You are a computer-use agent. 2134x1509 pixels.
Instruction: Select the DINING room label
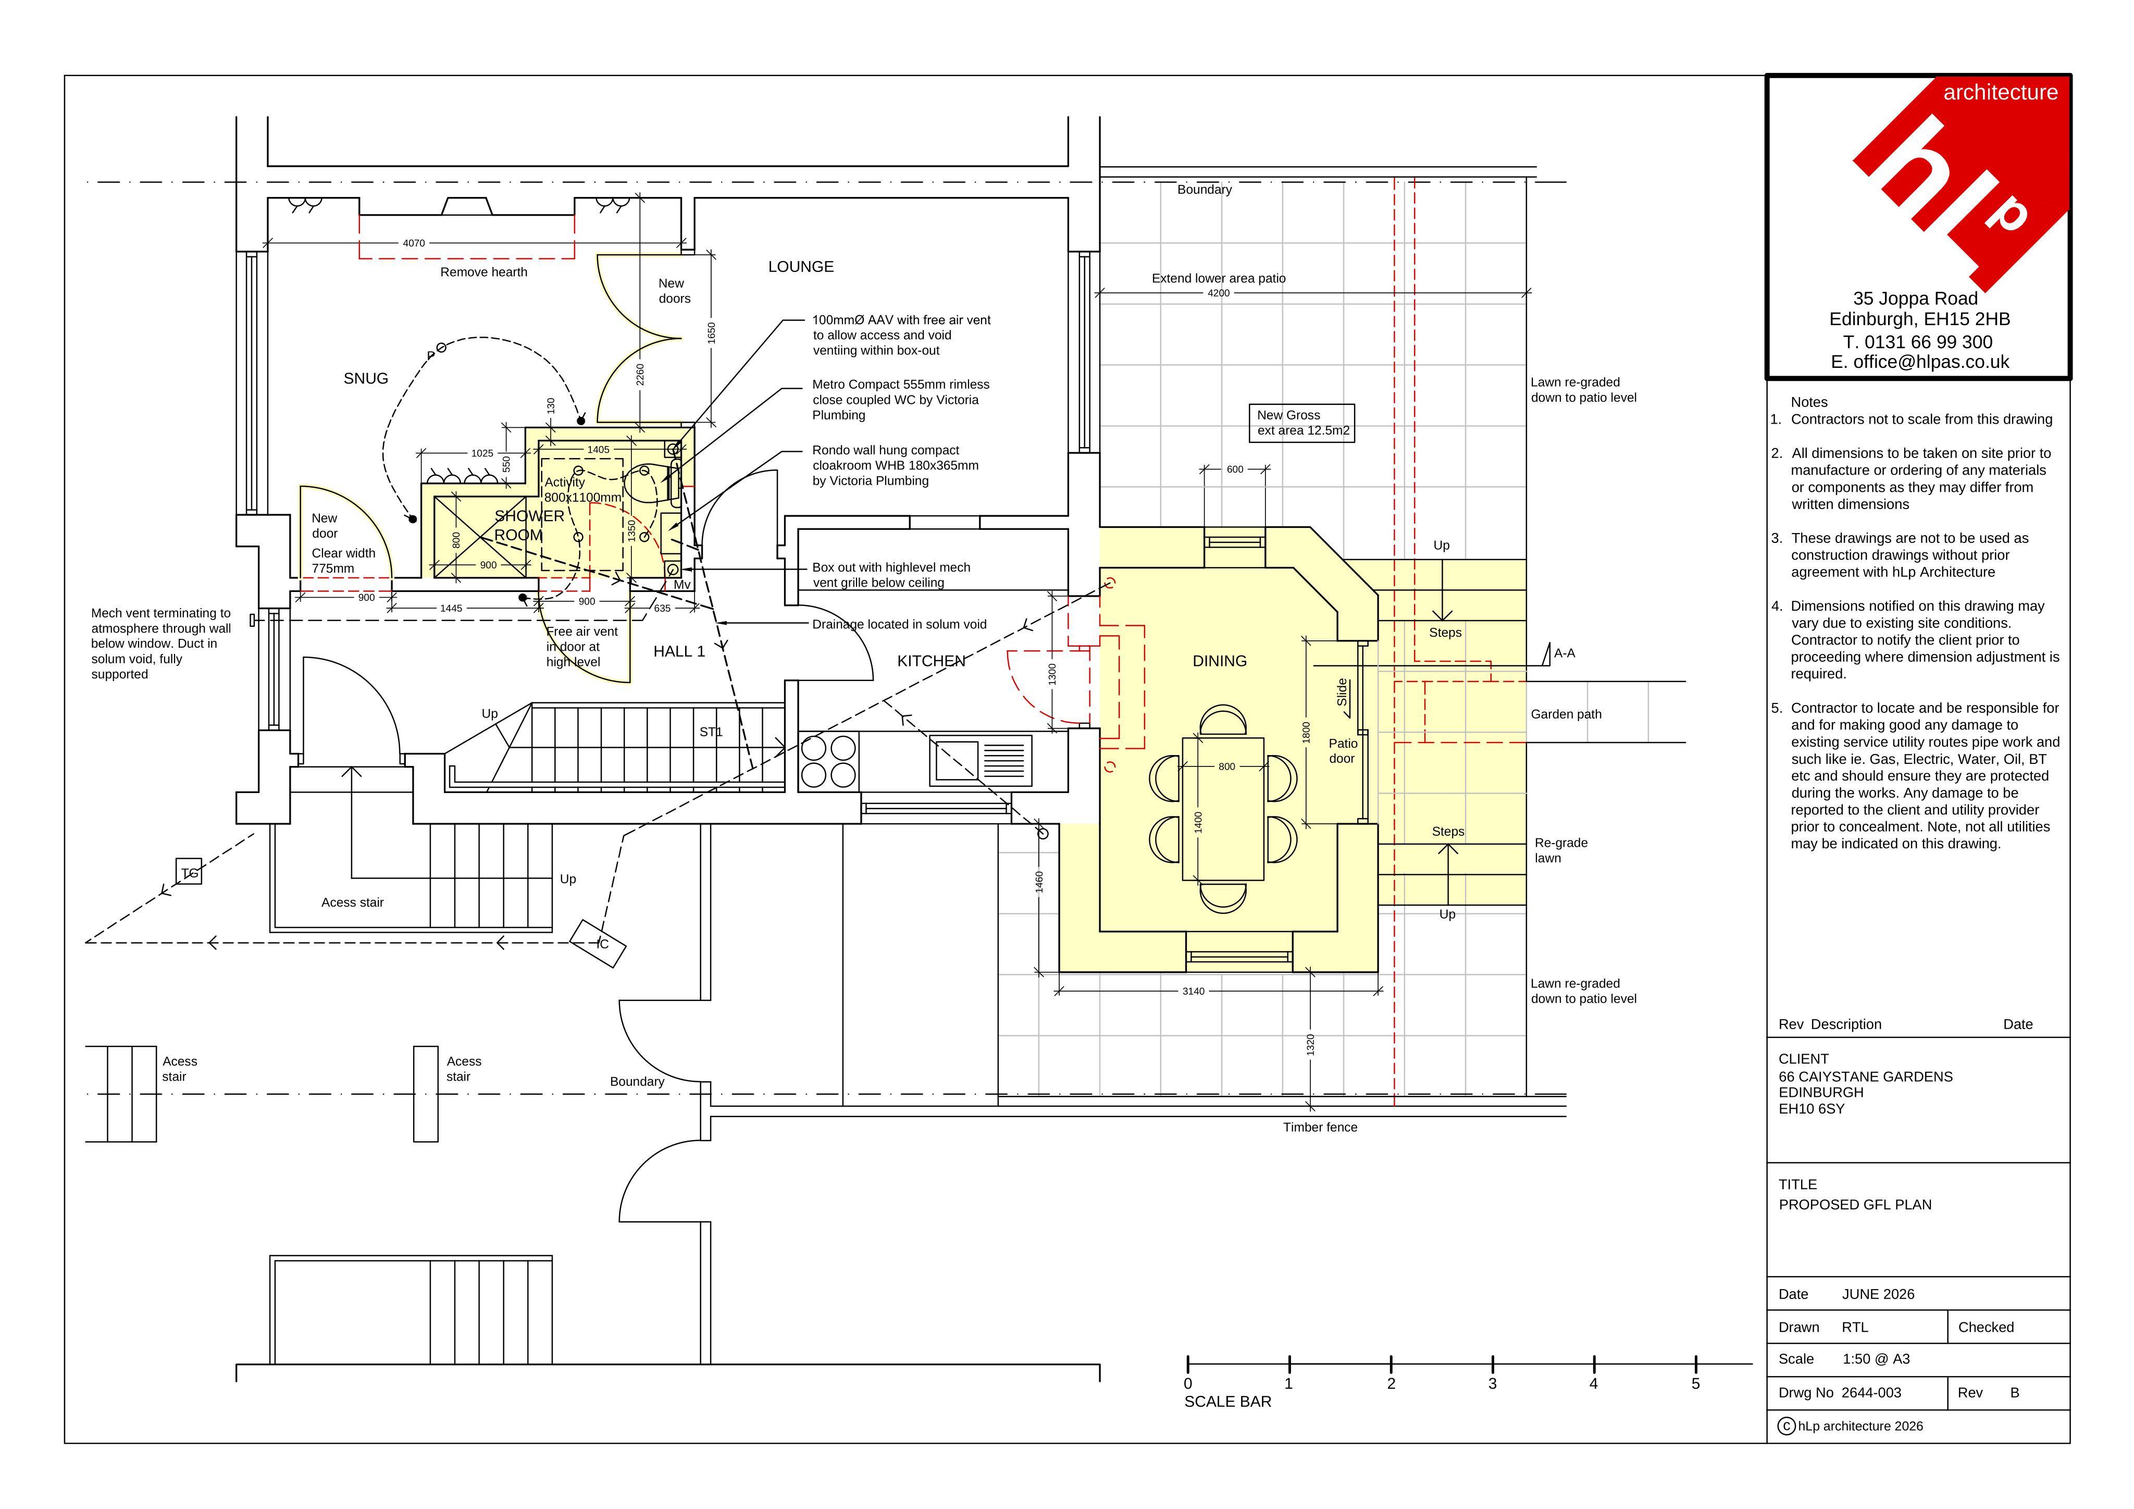(1220, 661)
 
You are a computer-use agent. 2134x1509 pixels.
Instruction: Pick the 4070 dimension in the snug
(414, 243)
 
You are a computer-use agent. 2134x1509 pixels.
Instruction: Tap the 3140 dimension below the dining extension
(1194, 991)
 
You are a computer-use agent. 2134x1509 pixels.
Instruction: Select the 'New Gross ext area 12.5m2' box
(1301, 423)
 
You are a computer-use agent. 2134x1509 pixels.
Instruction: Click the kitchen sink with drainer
(981, 761)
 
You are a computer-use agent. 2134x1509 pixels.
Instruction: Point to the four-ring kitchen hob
(828, 761)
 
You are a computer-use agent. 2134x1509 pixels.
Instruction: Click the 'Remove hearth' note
(483, 273)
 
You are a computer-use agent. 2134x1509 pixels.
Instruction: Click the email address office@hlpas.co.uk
(1920, 363)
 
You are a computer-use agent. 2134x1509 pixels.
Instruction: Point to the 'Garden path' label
(1566, 715)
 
